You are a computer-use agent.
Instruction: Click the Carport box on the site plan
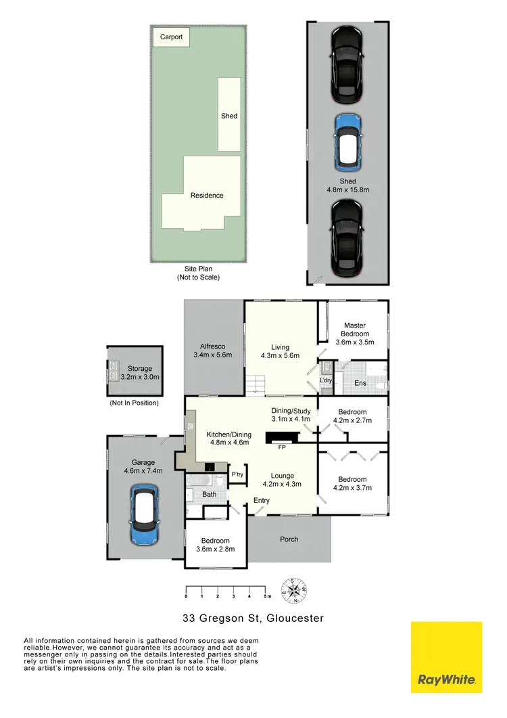pyautogui.click(x=171, y=37)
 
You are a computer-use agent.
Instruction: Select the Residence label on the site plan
pyautogui.click(x=207, y=196)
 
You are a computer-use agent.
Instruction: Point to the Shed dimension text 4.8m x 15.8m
pyautogui.click(x=348, y=186)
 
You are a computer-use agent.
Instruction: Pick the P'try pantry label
pyautogui.click(x=237, y=474)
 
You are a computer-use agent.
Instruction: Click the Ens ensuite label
pyautogui.click(x=360, y=383)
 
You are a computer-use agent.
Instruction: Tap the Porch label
pyautogui.click(x=289, y=539)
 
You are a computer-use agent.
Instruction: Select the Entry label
pyautogui.click(x=262, y=501)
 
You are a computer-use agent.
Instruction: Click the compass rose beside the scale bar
pyautogui.click(x=295, y=590)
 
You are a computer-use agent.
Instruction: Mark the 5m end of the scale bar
pyautogui.click(x=266, y=596)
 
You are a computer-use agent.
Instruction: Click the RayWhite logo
pyautogui.click(x=446, y=657)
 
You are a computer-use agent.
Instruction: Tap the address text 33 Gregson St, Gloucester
pyautogui.click(x=254, y=618)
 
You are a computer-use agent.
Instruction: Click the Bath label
pyautogui.click(x=210, y=495)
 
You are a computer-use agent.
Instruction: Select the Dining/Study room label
pyautogui.click(x=291, y=414)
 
